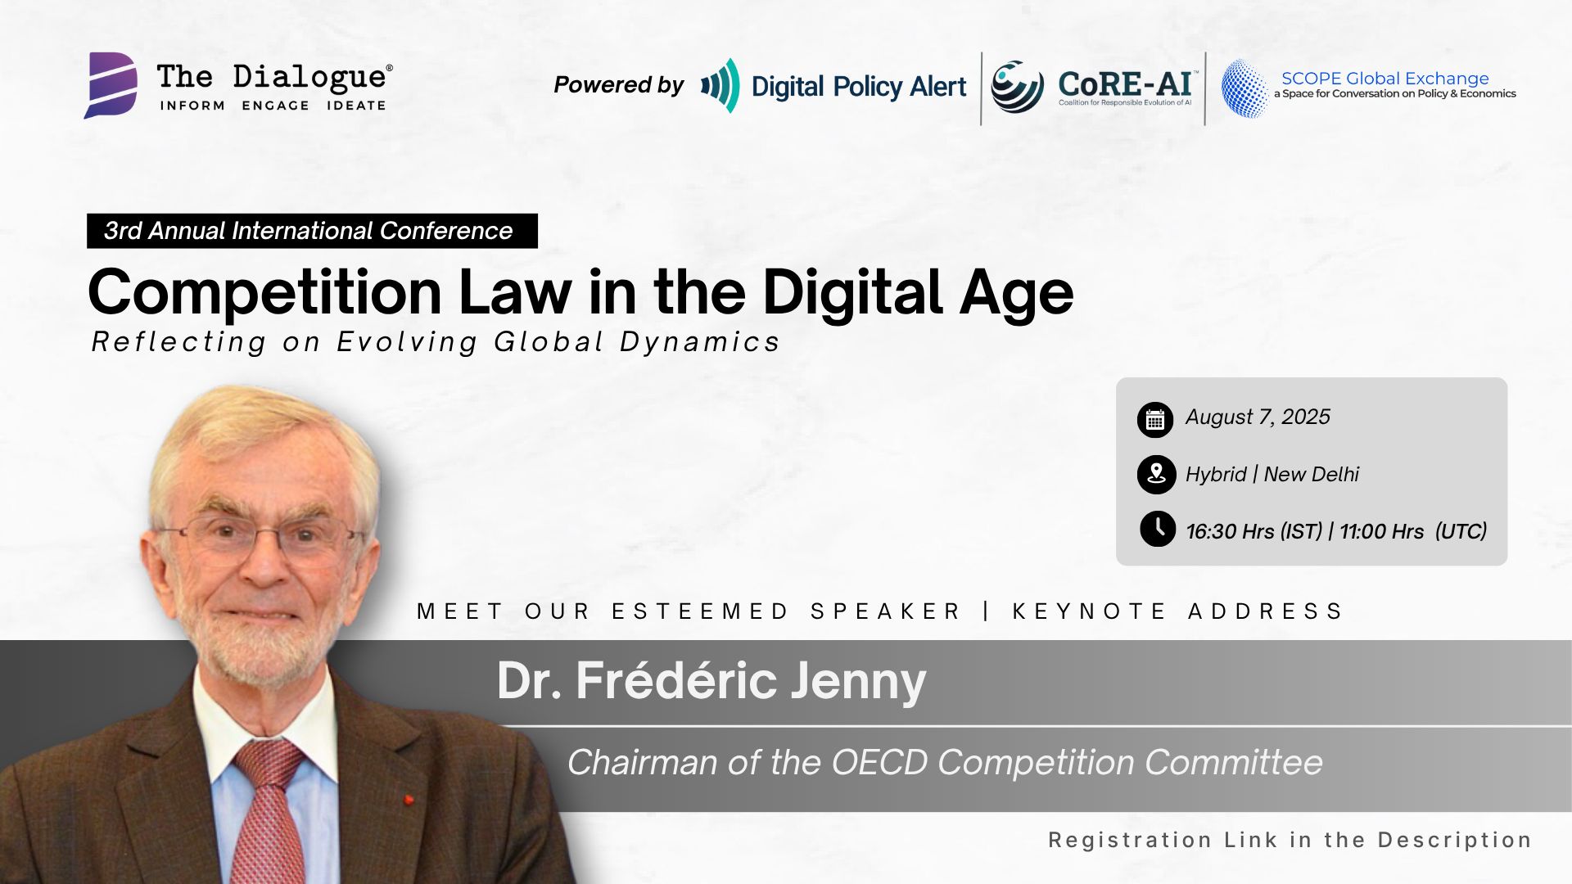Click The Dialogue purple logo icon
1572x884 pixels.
pos(111,85)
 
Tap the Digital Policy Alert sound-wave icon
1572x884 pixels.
pos(720,85)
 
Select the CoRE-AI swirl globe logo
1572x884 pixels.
pos(1017,86)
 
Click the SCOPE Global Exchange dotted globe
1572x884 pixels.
pos(1244,88)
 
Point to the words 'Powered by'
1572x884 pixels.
pos(618,85)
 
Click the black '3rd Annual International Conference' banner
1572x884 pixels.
pos(312,231)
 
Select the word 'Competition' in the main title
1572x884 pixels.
pos(265,293)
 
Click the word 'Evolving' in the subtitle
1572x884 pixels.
pos(407,342)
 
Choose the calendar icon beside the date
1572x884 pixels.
pos(1155,420)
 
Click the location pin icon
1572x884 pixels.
pos(1156,475)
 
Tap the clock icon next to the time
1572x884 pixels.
pos(1158,529)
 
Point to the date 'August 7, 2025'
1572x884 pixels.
pos(1258,417)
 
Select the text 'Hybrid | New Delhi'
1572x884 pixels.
pos(1272,475)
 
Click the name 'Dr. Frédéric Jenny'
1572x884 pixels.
pos(711,681)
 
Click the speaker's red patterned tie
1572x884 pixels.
pos(269,810)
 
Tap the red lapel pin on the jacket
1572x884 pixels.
pos(408,799)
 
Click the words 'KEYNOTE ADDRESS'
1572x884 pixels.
pos(1178,611)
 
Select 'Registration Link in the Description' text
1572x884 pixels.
pos(1290,841)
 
